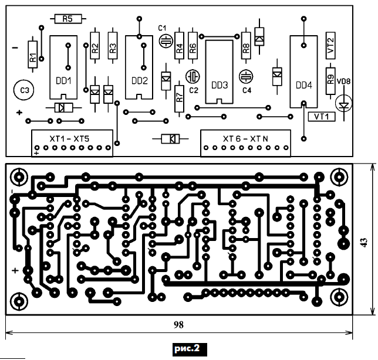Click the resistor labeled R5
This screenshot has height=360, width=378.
point(66,19)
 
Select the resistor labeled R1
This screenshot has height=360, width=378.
point(33,57)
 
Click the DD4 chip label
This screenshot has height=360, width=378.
point(304,85)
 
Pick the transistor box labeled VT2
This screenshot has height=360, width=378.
point(330,46)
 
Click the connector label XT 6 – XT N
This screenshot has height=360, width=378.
point(245,139)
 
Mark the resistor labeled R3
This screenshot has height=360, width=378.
point(113,49)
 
